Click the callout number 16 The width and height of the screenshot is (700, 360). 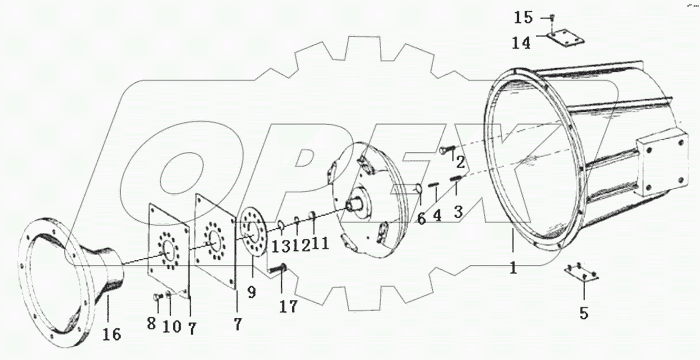(x=112, y=335)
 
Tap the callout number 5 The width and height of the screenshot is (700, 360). (x=584, y=313)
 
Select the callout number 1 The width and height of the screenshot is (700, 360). (x=513, y=267)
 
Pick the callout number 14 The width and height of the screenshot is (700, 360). (x=522, y=43)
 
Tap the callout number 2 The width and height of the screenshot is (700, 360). (x=460, y=162)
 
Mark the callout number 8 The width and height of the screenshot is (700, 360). (x=151, y=323)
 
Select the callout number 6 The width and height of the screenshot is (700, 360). (x=421, y=218)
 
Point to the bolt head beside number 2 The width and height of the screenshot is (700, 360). (x=445, y=150)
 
